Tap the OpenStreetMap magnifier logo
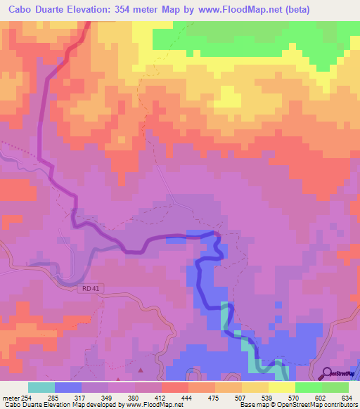point(326,373)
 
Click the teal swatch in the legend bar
point(41,387)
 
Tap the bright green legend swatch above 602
point(308,387)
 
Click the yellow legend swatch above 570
point(281,387)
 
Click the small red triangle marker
point(141,369)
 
